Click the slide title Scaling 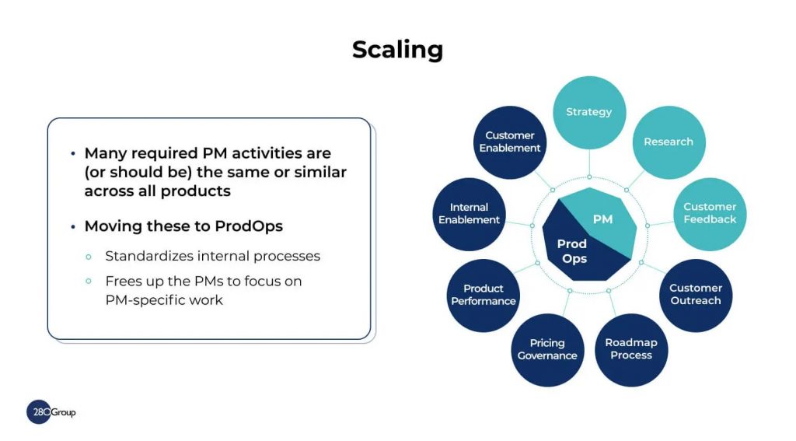(397, 50)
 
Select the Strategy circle (589, 112)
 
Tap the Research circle (669, 142)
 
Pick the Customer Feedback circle (710, 214)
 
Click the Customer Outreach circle (696, 296)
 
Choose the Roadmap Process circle (631, 349)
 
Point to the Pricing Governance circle (547, 349)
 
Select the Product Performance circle (484, 296)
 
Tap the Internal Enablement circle (469, 214)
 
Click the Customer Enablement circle (510, 142)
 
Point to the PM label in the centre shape (602, 219)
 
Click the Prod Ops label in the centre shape (572, 251)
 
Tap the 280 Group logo (51, 412)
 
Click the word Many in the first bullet (105, 153)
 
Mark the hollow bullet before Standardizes (89, 257)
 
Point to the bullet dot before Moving (73, 226)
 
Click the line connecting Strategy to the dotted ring (589, 162)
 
